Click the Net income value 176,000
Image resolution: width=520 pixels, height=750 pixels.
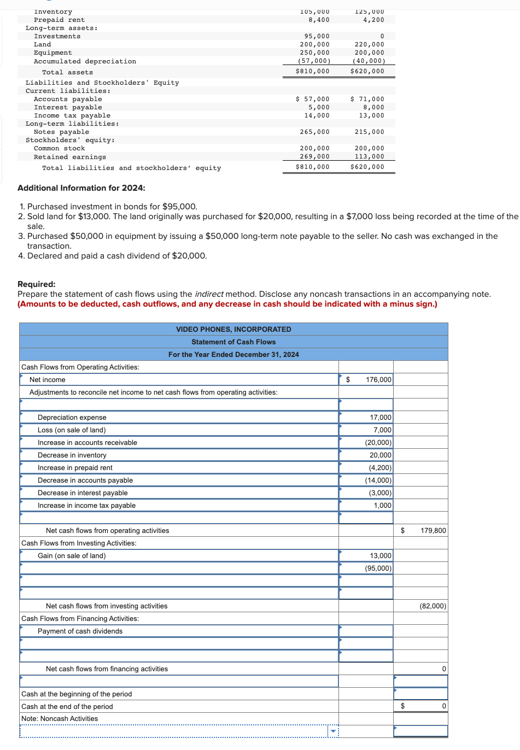pos(378,379)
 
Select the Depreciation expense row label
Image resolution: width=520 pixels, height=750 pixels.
pos(72,418)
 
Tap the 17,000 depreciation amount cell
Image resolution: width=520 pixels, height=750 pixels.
pos(380,418)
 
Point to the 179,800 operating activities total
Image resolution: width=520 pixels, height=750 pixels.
pos(433,531)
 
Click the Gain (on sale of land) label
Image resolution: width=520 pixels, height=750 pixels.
pos(72,556)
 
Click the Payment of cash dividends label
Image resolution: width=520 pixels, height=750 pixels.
pos(80,631)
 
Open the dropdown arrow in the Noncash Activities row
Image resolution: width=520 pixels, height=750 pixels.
pos(332,731)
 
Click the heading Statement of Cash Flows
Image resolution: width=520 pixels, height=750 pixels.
pos(233,342)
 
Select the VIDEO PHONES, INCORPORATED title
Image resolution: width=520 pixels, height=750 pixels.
pos(233,330)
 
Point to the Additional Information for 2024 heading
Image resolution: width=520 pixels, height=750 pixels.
pos(81,188)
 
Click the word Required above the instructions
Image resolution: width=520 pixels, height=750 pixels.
pos(36,284)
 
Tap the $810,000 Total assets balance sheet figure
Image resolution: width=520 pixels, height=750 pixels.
pos(312,71)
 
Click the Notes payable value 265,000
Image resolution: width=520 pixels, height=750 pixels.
pos(314,132)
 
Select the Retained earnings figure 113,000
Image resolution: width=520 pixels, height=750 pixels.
pos(369,156)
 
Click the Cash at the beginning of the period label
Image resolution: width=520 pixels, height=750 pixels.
pos(77,694)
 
